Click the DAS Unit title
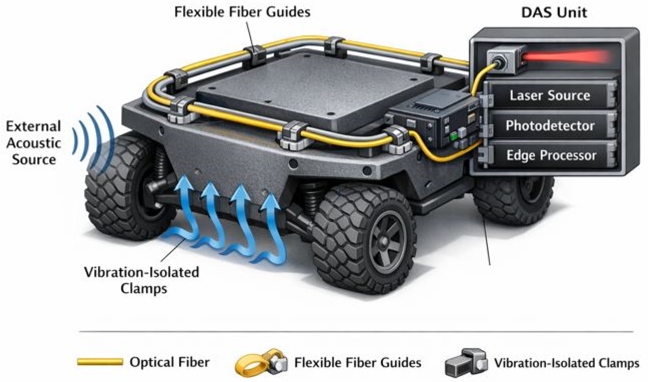(x=554, y=12)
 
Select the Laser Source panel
(x=550, y=95)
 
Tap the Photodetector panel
(x=550, y=126)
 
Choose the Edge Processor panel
(x=551, y=155)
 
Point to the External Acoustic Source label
(x=34, y=143)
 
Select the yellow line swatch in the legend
(x=100, y=362)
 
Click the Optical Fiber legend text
(x=169, y=362)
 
